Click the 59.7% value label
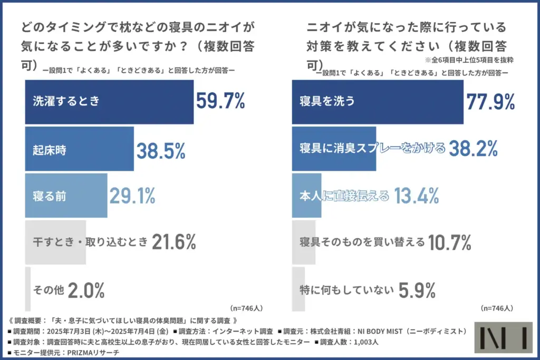click(x=220, y=101)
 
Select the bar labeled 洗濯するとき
click(x=109, y=102)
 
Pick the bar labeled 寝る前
click(x=66, y=196)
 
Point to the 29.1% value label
click(x=132, y=196)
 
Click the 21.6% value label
click(x=174, y=242)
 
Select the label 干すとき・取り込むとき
click(x=90, y=242)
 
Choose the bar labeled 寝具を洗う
click(x=377, y=102)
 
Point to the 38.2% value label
click(x=473, y=149)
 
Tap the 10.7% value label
click(x=449, y=242)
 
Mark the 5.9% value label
click(x=417, y=289)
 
